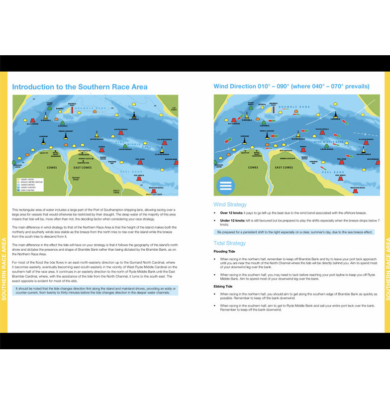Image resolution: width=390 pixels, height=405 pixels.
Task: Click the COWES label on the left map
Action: point(52,168)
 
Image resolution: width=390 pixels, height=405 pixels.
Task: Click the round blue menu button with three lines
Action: point(226,185)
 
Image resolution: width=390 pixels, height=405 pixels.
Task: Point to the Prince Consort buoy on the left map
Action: point(66,135)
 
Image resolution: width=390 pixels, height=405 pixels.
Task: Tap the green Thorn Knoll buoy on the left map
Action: point(49,108)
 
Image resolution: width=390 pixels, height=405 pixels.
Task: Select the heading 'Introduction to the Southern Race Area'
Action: point(80,87)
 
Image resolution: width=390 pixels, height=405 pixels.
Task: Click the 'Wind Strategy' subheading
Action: point(230,204)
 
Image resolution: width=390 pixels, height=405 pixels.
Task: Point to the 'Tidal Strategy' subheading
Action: point(229,243)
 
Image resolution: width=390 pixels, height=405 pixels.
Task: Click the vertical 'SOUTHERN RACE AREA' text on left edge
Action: point(4,269)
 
